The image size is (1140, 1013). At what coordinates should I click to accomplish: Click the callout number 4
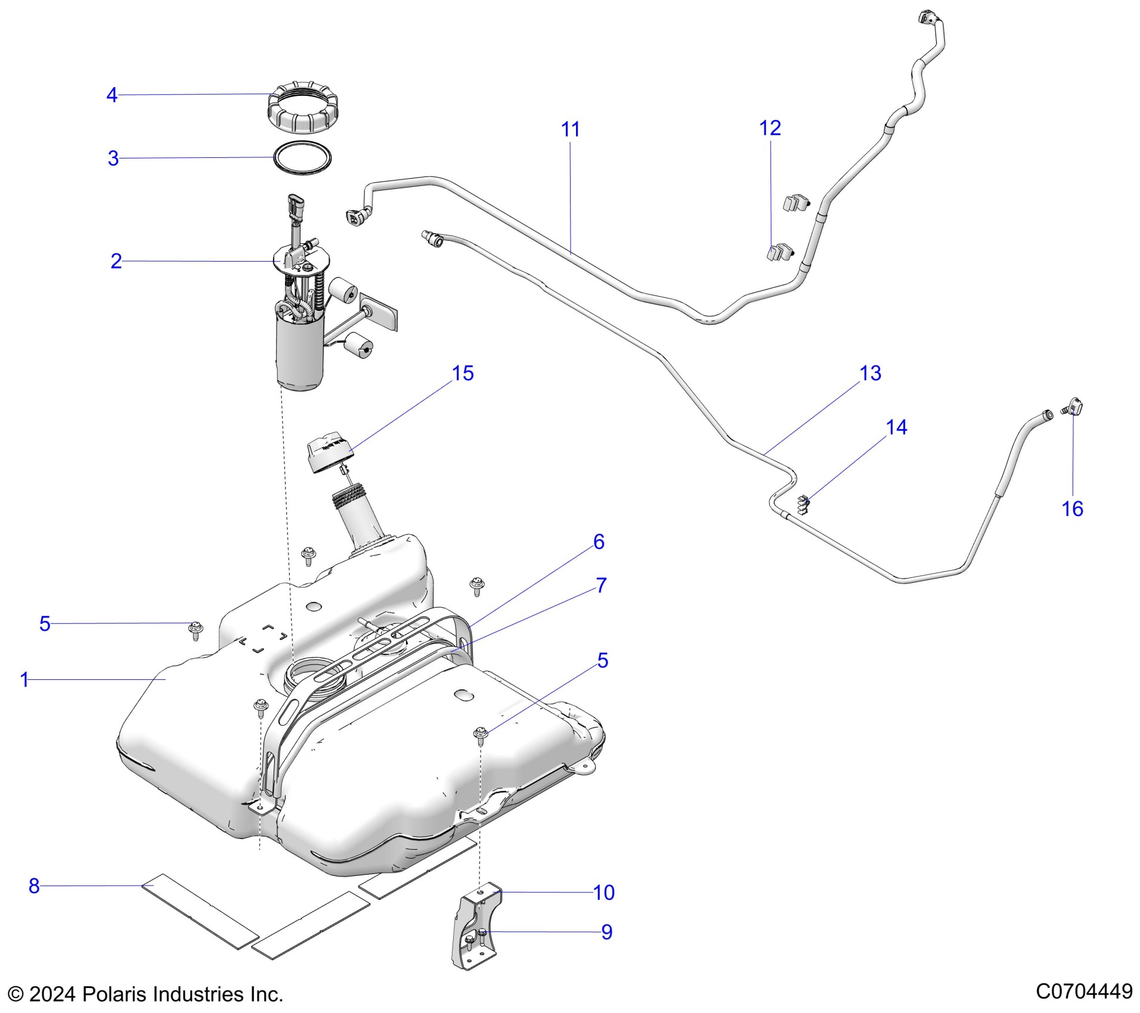pos(111,95)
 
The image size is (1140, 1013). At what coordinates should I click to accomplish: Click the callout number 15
pos(463,374)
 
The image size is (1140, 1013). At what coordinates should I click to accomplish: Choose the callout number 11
pos(571,129)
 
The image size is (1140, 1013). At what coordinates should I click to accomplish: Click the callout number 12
pos(770,128)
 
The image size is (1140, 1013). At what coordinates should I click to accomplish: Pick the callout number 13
pos(871,374)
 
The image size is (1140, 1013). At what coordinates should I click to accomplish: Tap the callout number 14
pos(896,427)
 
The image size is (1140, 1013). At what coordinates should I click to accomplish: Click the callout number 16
pos(1072,509)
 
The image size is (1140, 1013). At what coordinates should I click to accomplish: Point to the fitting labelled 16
pos(1074,409)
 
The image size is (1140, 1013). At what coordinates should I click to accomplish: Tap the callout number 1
pos(24,680)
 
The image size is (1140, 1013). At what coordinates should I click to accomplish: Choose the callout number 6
pos(599,542)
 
